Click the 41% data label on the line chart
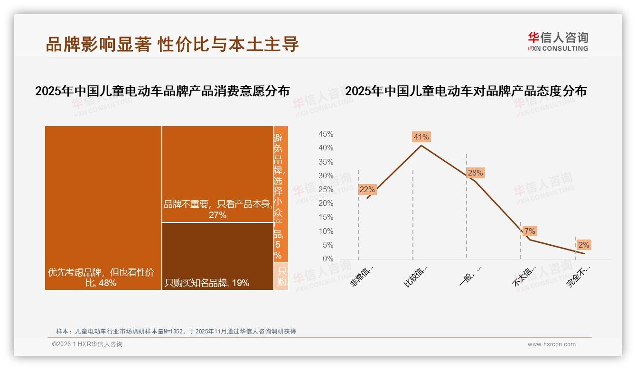421,137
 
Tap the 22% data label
367,189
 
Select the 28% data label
475,173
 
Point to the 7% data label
530,231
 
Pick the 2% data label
583,245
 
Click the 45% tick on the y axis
326,134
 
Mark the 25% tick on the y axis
326,190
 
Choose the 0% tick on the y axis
327,259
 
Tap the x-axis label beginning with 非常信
362,276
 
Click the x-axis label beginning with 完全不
579,276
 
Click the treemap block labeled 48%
103,208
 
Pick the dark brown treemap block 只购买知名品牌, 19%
218,256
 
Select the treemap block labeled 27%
218,174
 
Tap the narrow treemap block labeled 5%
281,194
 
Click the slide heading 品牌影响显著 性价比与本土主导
172,44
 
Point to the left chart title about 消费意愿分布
162,91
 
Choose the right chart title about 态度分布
466,91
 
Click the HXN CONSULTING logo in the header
558,42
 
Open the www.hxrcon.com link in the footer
552,344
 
